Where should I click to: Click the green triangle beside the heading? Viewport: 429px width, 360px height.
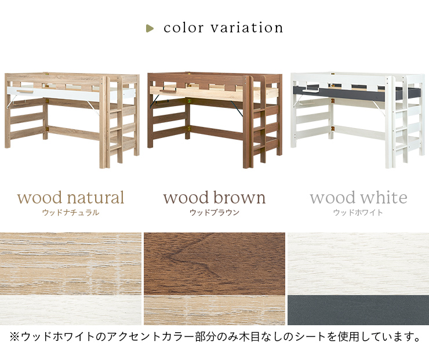click(150, 28)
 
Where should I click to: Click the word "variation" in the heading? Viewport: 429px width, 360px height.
click(247, 28)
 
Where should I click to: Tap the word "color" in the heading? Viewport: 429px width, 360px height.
click(184, 28)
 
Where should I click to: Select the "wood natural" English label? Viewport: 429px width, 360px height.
click(71, 198)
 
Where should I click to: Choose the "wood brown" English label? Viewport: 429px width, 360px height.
click(214, 198)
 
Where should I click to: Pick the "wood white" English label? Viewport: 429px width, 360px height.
click(358, 198)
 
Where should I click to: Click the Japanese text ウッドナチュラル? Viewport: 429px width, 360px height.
click(71, 213)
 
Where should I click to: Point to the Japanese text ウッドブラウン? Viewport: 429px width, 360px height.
click(214, 213)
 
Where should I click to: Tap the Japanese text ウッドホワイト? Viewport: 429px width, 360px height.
click(358, 213)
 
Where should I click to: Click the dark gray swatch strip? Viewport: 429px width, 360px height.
click(358, 310)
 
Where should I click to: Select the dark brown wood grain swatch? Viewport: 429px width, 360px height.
click(214, 264)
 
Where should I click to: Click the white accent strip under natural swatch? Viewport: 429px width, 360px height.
click(71, 310)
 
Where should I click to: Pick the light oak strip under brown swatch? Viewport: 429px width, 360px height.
click(214, 310)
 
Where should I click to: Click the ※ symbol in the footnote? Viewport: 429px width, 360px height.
click(14, 337)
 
